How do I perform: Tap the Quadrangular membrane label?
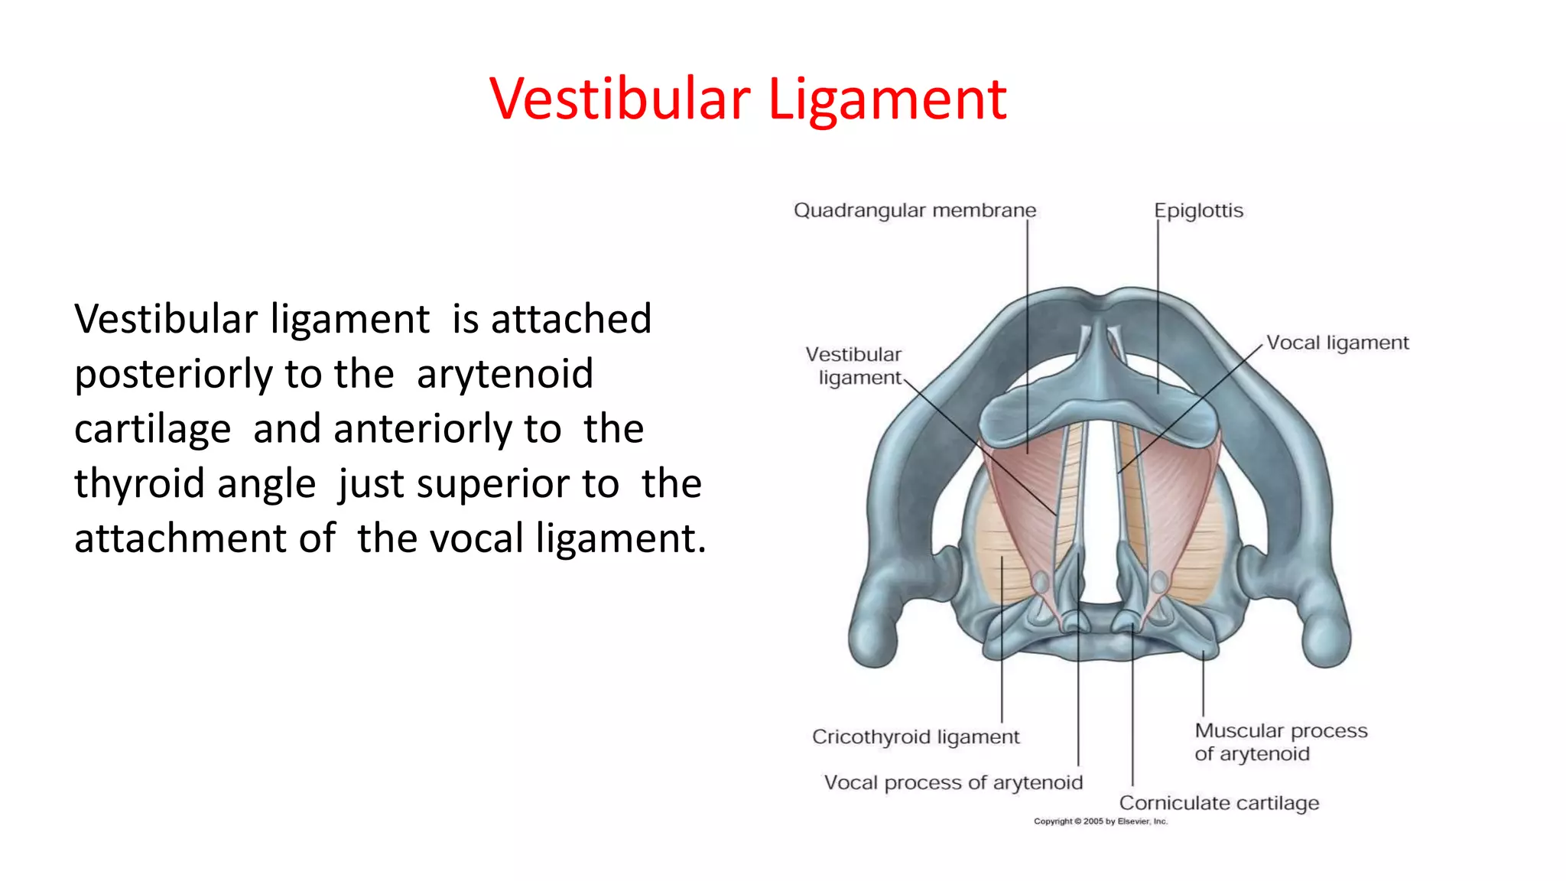point(915,210)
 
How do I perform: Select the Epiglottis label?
point(1198,210)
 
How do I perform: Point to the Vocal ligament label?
point(1337,343)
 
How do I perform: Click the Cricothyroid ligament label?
point(915,736)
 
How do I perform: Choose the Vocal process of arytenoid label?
point(953,782)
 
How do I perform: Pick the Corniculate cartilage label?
point(1219,803)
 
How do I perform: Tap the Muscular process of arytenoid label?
point(1281,742)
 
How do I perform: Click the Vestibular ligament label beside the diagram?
point(854,366)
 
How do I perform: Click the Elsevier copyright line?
point(1100,821)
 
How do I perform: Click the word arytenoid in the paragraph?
point(505,375)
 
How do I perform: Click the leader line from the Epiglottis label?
point(1158,306)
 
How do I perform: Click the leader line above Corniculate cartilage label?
point(1132,711)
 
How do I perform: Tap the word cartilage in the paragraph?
point(152,429)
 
